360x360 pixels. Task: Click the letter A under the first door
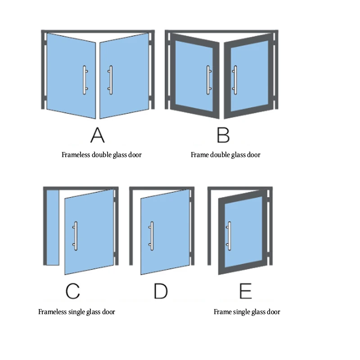click(97, 135)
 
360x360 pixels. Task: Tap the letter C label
click(72, 291)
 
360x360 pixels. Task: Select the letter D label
click(160, 291)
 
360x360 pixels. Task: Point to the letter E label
click(245, 291)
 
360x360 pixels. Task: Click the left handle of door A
click(84, 81)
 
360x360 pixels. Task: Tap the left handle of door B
click(208, 81)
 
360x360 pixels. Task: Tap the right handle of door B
click(234, 81)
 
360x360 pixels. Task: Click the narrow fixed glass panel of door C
click(53, 227)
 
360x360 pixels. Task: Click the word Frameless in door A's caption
click(76, 155)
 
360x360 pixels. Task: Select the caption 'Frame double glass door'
click(225, 155)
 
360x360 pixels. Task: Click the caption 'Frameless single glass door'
click(76, 312)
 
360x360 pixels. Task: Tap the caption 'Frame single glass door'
click(247, 312)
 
